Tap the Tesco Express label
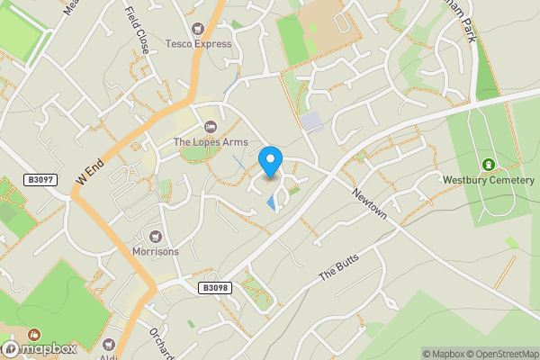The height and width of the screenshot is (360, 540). tap(199, 43)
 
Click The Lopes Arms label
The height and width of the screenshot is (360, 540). tap(210, 141)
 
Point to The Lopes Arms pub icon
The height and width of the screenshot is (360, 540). tap(211, 127)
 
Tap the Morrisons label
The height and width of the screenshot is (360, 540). tap(155, 251)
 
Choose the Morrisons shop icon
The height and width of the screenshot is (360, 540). tap(155, 237)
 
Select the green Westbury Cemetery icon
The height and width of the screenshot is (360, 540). tap(489, 164)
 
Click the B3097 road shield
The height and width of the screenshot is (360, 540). tap(41, 180)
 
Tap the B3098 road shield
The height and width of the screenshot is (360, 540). tap(214, 288)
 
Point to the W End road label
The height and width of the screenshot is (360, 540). tap(90, 169)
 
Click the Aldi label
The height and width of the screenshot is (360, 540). tap(109, 357)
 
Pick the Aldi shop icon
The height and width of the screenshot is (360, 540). tap(110, 345)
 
